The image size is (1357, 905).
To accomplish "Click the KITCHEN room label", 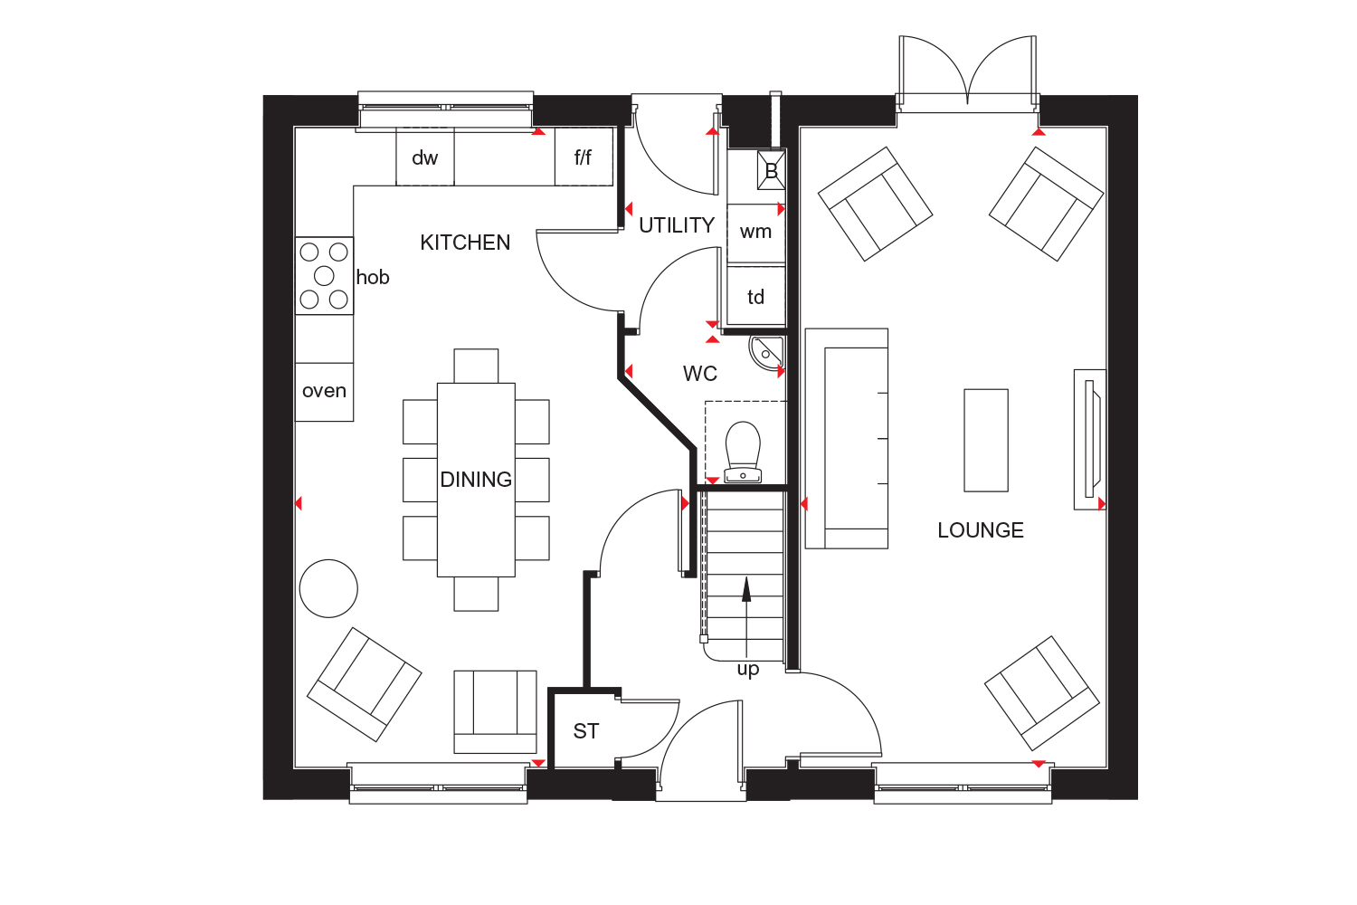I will pos(465,243).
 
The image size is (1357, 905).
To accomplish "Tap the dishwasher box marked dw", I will pos(424,157).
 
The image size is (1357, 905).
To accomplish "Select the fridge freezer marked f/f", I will pos(584,157).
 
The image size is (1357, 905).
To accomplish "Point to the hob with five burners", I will pos(324,276).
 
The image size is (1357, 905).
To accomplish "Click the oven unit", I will pos(324,391).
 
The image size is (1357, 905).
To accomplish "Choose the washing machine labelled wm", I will pos(755,233).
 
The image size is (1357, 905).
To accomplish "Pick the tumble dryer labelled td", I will pos(755,297).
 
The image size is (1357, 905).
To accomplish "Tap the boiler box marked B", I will pos(771,170).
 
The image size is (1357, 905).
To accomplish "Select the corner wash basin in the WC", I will pos(765,351).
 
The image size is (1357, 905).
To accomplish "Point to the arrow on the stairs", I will pos(746,590).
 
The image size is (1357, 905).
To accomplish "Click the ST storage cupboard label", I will pos(586,731).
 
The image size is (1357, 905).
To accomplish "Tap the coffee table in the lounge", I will pos(985,440).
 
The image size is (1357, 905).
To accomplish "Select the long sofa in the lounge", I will pos(846,439).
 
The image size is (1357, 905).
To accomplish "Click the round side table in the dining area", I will pos(328,588).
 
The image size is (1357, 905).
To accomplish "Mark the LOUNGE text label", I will pos(981,530).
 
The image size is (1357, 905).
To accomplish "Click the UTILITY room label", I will pos(677,225).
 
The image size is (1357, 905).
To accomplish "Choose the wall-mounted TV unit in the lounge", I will pos(1089,439).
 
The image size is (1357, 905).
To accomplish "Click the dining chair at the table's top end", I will pos(476,366).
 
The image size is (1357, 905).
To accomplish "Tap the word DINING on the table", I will pos(476,480).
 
